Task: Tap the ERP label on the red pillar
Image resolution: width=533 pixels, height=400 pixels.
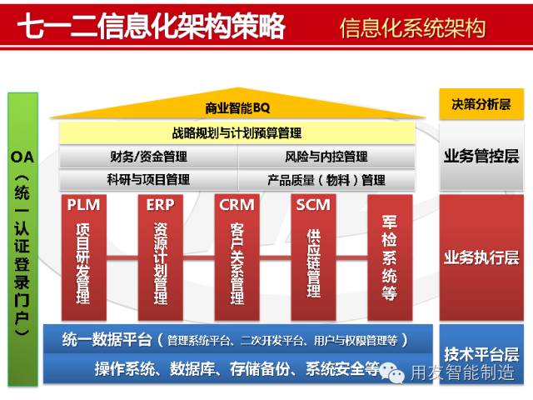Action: coord(160,205)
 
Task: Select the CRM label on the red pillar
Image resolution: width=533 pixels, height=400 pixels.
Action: coord(237,205)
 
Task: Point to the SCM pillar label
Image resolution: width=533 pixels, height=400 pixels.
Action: coord(313,205)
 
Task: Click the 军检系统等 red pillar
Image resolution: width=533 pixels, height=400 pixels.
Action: coord(389,258)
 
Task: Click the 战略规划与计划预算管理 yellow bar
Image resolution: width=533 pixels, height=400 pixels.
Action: coord(237,132)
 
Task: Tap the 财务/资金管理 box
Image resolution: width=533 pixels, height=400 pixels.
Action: coord(147,156)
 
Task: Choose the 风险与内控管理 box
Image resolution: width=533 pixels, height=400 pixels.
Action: coord(326,156)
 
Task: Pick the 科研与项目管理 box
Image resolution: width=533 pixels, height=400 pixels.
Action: coord(147,179)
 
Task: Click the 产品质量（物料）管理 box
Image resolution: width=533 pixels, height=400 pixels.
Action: coord(326,179)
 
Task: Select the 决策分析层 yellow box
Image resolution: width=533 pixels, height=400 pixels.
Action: coord(481,105)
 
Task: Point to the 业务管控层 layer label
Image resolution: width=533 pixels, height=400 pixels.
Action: coord(481,156)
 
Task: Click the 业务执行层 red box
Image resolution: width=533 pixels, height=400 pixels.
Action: coord(481,257)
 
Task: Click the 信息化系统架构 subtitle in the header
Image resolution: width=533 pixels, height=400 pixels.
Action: coord(412,27)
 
